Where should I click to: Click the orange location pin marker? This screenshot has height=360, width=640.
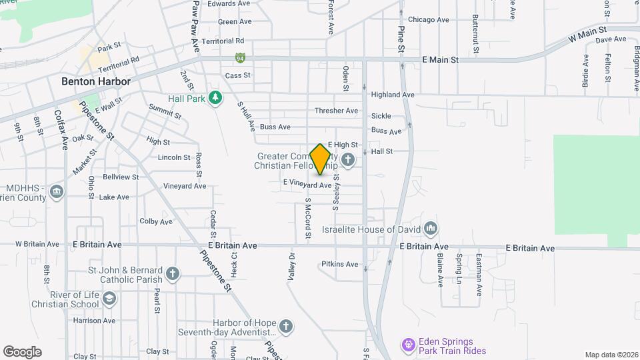[321, 159]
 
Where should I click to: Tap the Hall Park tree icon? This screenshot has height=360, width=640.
[215, 99]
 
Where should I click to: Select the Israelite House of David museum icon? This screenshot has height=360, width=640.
[431, 230]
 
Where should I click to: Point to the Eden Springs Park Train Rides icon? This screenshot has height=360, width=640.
[408, 345]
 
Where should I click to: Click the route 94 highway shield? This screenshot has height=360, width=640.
[239, 59]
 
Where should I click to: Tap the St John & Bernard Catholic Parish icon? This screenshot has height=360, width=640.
[173, 274]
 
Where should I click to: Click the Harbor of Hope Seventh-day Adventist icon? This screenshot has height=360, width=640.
[285, 327]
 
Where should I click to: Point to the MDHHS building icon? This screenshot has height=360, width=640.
[57, 193]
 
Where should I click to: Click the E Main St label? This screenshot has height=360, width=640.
[441, 60]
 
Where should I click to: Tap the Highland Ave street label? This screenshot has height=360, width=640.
[393, 95]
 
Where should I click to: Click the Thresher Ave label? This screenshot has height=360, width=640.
[337, 111]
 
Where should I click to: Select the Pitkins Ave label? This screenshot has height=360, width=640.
[339, 264]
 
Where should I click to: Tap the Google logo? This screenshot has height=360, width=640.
[22, 351]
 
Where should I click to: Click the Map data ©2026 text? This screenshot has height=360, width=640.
[611, 355]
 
